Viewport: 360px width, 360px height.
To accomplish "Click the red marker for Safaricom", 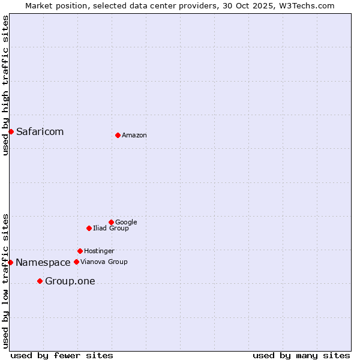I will [11, 131].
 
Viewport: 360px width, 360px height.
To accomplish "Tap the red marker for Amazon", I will [118, 135].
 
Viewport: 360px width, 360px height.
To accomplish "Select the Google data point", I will [111, 222].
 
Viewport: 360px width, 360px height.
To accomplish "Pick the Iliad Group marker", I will [89, 228].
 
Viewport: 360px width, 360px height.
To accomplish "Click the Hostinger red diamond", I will [80, 251].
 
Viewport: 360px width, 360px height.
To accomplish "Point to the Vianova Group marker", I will [76, 262].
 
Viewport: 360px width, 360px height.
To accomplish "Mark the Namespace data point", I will [10, 262].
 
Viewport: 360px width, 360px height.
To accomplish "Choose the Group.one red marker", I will [40, 281].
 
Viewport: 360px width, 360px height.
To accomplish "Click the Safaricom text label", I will [40, 132].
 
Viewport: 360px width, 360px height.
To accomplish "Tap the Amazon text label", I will [134, 136].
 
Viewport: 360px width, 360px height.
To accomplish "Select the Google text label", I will [126, 223].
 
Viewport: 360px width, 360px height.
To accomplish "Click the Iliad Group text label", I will [111, 229].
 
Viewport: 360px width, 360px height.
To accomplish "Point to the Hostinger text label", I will [99, 251].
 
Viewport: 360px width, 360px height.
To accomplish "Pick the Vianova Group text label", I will [104, 262].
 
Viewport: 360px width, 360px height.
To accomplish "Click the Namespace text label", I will [43, 263].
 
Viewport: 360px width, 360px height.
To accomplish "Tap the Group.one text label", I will [70, 281].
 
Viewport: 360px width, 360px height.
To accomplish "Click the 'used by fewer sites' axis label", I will [62, 355].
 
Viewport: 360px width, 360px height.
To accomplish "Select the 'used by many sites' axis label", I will [301, 355].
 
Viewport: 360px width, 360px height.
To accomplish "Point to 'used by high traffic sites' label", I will [5, 85].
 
